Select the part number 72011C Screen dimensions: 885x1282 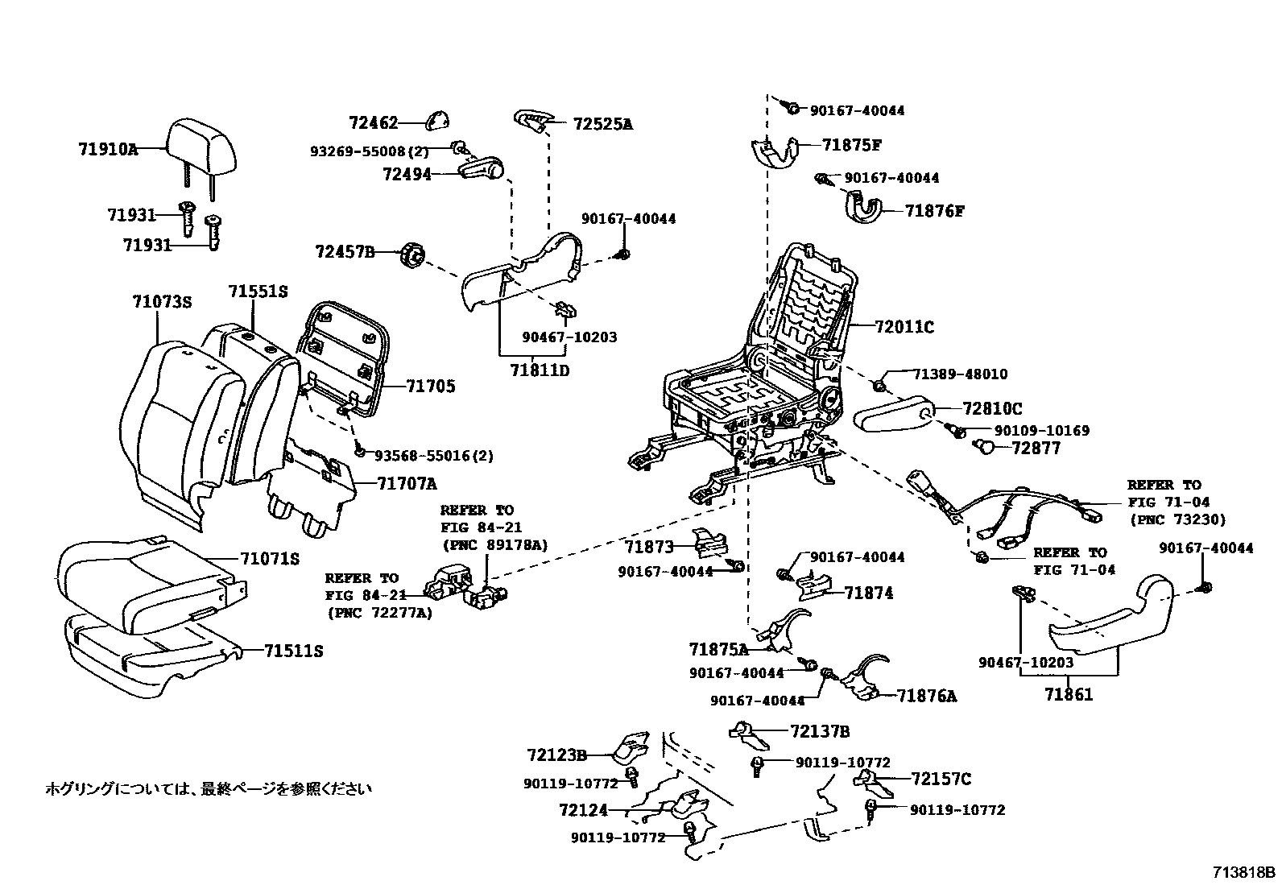pyautogui.click(x=904, y=327)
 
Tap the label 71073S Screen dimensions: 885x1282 pyautogui.click(x=162, y=302)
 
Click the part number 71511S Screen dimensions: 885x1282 pyautogui.click(x=293, y=651)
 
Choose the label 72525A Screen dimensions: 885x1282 pyautogui.click(x=602, y=124)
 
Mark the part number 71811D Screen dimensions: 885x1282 pyautogui.click(x=540, y=370)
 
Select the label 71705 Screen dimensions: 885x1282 pyautogui.click(x=430, y=387)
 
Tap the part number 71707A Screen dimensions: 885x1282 pyautogui.click(x=407, y=484)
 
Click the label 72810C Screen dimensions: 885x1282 pyautogui.click(x=992, y=409)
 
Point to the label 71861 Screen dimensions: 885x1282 pyautogui.click(x=1069, y=693)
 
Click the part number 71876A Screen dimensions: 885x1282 pyautogui.click(x=927, y=696)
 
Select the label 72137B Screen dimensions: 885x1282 pyautogui.click(x=820, y=731)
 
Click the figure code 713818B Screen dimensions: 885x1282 pyautogui.click(x=1244, y=872)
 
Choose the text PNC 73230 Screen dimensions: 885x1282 pyautogui.click(x=1177, y=519)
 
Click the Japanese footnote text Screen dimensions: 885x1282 pyautogui.click(x=209, y=788)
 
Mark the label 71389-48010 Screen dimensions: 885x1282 pyautogui.click(x=959, y=374)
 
